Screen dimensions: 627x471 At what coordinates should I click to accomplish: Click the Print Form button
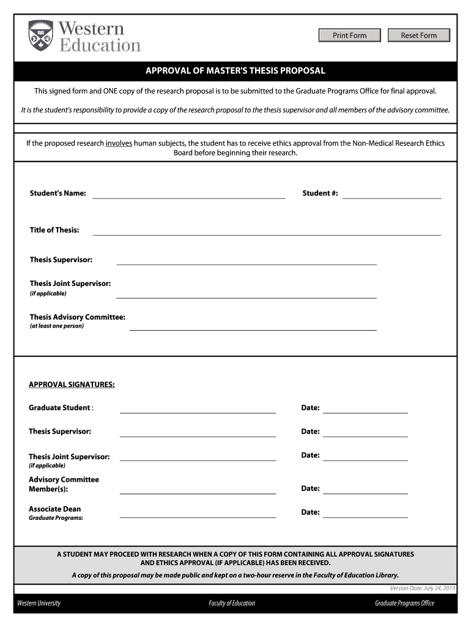pyautogui.click(x=349, y=36)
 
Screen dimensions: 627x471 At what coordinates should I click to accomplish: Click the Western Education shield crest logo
pyautogui.click(x=41, y=36)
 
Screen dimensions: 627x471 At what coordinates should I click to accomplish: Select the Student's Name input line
pyautogui.click(x=188, y=194)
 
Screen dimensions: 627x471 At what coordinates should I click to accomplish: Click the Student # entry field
pyautogui.click(x=391, y=194)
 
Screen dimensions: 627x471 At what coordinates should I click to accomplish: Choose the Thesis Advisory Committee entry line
pyautogui.click(x=253, y=326)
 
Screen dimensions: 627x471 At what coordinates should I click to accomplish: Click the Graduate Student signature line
pyautogui.click(x=198, y=408)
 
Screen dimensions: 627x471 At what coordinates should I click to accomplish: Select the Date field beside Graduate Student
pyautogui.click(x=365, y=408)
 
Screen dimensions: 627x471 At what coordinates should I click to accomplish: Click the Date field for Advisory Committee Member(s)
pyautogui.click(x=365, y=489)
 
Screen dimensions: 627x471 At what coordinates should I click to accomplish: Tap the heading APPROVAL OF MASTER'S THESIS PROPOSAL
pyautogui.click(x=236, y=71)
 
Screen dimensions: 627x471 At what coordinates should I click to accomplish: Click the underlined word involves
pyautogui.click(x=119, y=143)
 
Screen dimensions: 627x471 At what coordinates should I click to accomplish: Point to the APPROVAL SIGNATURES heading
pyautogui.click(x=72, y=385)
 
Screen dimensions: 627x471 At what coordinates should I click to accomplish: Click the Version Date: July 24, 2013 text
pyautogui.click(x=423, y=588)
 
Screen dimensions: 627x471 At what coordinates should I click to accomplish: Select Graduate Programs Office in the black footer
pyautogui.click(x=404, y=603)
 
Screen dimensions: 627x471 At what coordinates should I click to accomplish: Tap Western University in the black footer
pyautogui.click(x=39, y=603)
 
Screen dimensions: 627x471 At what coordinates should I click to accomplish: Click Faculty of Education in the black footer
pyautogui.click(x=232, y=603)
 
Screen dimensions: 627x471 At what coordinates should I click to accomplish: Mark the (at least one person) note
pyautogui.click(x=57, y=326)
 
